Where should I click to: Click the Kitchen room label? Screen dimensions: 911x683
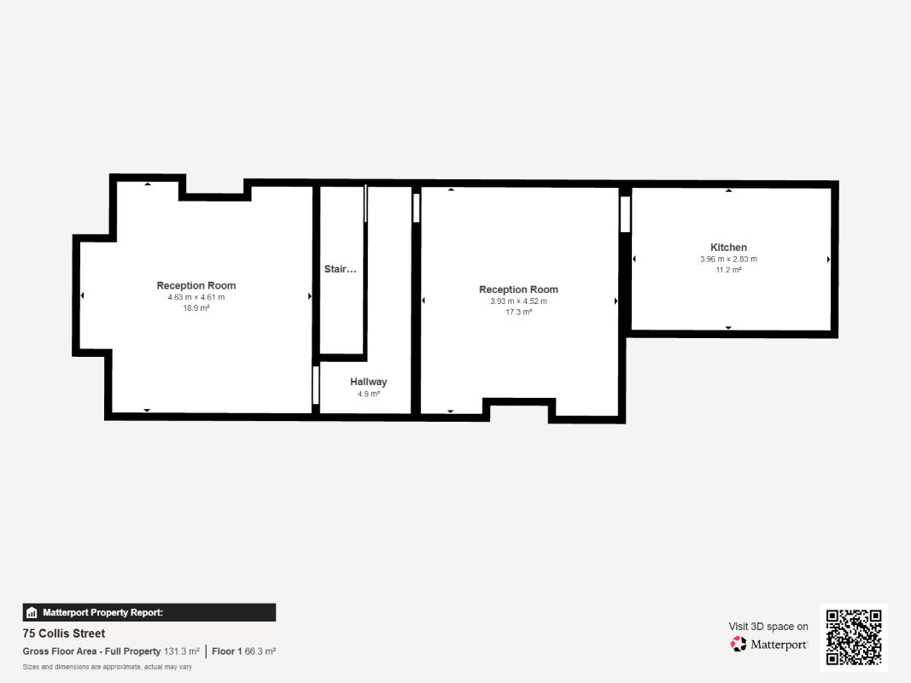click(728, 248)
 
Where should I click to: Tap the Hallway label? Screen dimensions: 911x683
click(368, 382)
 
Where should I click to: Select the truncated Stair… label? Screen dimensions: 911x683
click(341, 269)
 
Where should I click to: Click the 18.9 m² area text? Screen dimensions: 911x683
click(196, 308)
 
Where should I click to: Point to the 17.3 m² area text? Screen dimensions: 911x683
click(519, 312)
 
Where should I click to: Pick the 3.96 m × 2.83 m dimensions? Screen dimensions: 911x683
click(728, 259)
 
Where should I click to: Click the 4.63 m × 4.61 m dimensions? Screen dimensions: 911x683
click(196, 297)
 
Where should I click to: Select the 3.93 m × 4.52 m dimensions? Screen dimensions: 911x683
click(519, 301)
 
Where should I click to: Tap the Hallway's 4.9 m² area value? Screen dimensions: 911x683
click(368, 394)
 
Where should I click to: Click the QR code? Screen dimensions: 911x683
click(854, 637)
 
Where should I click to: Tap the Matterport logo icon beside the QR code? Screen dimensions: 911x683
click(739, 644)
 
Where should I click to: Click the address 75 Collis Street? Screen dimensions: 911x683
click(64, 633)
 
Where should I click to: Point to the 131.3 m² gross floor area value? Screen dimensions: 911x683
click(182, 651)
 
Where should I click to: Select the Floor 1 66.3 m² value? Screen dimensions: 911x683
click(244, 651)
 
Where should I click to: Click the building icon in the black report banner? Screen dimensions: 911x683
click(32, 613)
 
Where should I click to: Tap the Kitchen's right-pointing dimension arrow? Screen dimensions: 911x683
click(828, 260)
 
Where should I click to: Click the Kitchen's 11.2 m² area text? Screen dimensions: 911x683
click(728, 270)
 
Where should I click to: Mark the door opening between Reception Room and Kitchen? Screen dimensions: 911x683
click(625, 214)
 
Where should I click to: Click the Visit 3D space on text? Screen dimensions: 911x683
click(768, 626)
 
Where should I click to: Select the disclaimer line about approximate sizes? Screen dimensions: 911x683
click(108, 667)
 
